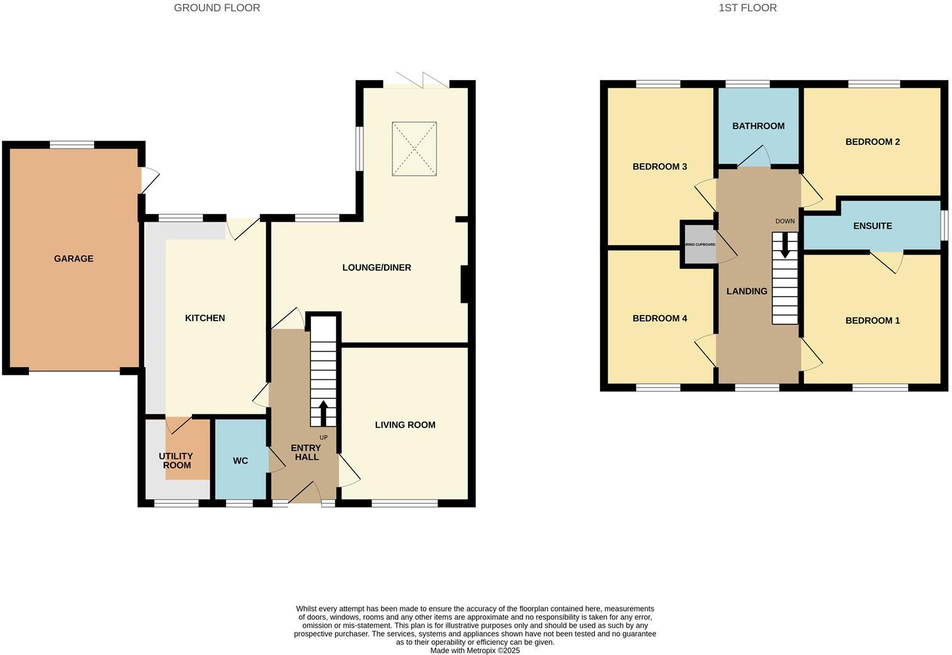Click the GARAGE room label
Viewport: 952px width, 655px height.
74,259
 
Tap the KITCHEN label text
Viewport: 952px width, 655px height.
205,318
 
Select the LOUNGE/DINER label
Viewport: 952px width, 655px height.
377,268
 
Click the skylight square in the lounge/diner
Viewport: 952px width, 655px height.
414,149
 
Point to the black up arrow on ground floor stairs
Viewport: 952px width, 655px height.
323,413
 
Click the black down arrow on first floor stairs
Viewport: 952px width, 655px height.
785,246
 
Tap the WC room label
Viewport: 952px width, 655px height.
241,461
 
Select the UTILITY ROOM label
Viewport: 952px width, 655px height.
176,460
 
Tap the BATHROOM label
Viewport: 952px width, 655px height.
758,126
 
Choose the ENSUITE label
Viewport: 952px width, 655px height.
872,226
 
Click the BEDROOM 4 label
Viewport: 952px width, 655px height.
659,319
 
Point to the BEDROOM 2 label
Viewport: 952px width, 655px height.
872,142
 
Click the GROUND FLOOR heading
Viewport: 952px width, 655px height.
217,8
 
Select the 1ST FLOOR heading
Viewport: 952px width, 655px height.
747,8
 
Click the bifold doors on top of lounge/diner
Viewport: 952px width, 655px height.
417,81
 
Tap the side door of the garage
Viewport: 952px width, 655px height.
149,180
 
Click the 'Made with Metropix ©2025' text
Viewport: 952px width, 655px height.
475,651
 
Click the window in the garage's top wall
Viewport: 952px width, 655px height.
72,145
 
